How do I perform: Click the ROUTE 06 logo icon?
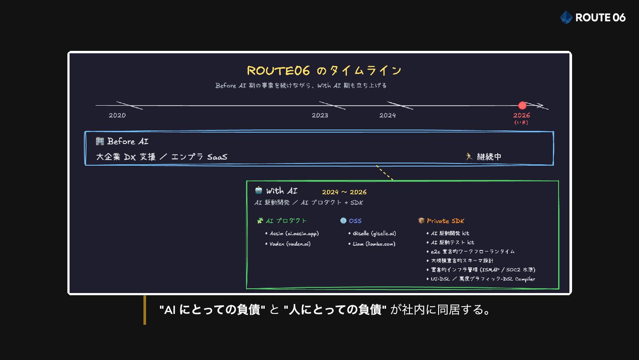pos(566,17)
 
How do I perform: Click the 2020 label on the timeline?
pos(117,115)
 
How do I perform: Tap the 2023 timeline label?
pos(320,115)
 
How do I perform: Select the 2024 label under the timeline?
pos(387,115)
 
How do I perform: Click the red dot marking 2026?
pos(522,105)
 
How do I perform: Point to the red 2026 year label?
pos(521,115)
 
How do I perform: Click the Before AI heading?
pos(127,141)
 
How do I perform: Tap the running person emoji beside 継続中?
pos(469,157)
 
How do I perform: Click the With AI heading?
pos(282,191)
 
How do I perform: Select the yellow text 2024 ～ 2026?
pos(344,192)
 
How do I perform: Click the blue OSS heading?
pos(355,221)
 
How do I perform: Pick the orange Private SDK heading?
pos(445,221)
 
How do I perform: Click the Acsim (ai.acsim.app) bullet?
pos(294,233)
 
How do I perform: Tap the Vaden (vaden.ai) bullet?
pos(290,244)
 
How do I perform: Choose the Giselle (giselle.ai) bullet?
pos(374,233)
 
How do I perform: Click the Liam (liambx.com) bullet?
pos(373,244)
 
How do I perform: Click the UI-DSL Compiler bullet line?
pos(483,279)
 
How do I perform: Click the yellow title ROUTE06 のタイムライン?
pos(324,70)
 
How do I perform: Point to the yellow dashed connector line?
pos(385,173)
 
